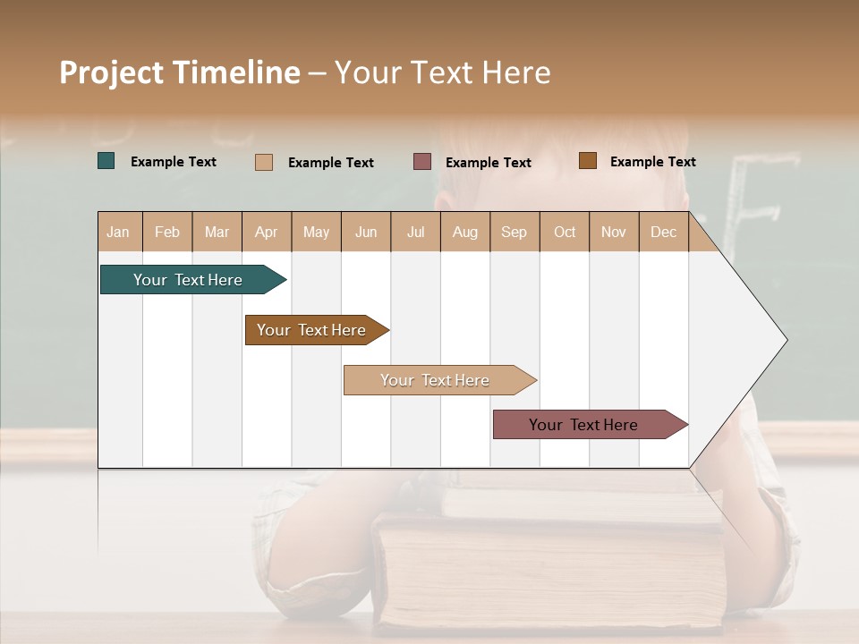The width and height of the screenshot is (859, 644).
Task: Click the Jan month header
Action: (x=118, y=233)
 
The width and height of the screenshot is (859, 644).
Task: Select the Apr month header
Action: (x=266, y=233)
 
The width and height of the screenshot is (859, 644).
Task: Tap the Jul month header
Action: (x=415, y=233)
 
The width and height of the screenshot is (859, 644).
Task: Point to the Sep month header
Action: (x=514, y=233)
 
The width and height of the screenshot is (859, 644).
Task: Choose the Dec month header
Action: (x=663, y=233)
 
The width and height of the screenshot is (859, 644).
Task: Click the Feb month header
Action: (x=167, y=233)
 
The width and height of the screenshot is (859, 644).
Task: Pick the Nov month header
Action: (x=613, y=233)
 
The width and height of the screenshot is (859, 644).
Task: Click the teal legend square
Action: (x=106, y=161)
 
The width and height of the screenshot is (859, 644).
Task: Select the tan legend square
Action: (x=264, y=162)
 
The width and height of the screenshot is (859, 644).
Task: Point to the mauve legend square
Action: (x=422, y=161)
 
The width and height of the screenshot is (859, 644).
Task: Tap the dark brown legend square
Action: (x=587, y=160)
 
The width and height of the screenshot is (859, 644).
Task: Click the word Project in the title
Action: (x=111, y=72)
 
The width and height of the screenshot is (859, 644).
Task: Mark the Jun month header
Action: (x=366, y=233)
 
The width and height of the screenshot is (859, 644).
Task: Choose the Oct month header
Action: (x=565, y=233)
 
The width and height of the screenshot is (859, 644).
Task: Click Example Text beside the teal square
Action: (x=174, y=162)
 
